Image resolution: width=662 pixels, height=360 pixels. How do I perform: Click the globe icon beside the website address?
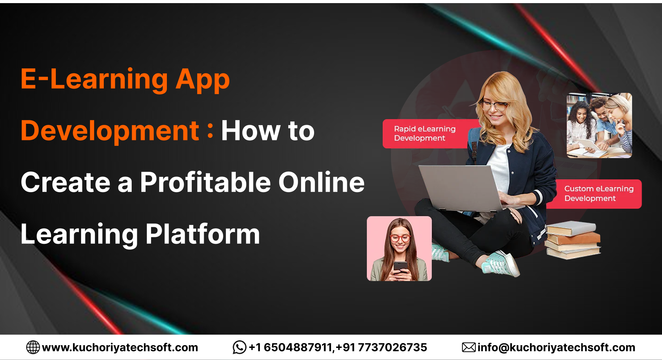pyautogui.click(x=33, y=347)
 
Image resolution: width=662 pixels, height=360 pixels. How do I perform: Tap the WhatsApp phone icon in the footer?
pyautogui.click(x=239, y=347)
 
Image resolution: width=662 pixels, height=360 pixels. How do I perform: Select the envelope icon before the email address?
pyautogui.click(x=469, y=347)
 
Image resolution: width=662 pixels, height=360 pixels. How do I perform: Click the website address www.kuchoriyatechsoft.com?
pyautogui.click(x=120, y=347)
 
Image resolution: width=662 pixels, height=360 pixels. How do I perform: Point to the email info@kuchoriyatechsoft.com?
pyautogui.click(x=556, y=347)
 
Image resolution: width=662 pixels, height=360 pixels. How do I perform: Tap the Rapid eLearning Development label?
pyautogui.click(x=425, y=133)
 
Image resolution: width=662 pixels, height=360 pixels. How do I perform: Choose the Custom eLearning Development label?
pyautogui.click(x=599, y=193)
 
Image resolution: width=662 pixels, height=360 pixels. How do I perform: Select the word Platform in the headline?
pyautogui.click(x=202, y=234)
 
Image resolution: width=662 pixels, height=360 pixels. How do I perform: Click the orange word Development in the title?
pyautogui.click(x=110, y=131)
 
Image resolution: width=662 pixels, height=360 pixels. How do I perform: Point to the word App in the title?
pyautogui.click(x=202, y=80)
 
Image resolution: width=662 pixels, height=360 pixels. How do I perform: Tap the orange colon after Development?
pyautogui.click(x=210, y=130)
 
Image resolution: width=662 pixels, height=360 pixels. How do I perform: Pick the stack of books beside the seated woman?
pyautogui.click(x=573, y=240)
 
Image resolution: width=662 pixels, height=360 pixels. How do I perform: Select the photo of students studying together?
pyautogui.click(x=599, y=125)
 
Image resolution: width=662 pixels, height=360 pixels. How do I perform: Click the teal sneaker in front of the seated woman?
pyautogui.click(x=500, y=263)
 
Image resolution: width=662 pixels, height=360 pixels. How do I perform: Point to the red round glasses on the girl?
pyautogui.click(x=400, y=238)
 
